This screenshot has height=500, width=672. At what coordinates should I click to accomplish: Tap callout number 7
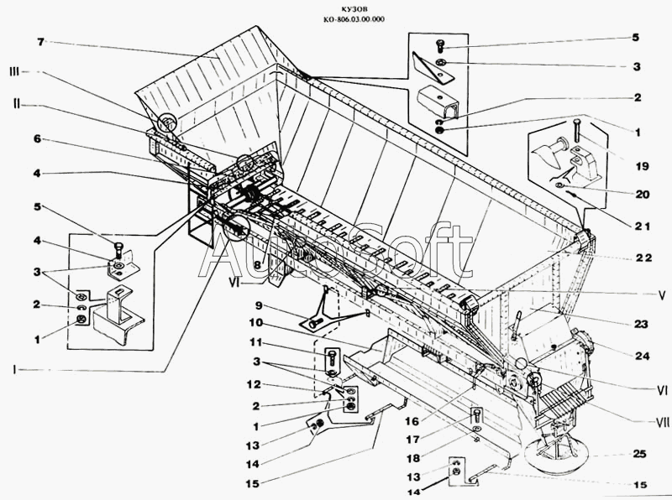(x=39, y=41)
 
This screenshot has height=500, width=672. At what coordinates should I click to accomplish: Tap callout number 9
(x=260, y=305)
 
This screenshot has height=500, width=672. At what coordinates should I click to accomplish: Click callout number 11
(x=255, y=343)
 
